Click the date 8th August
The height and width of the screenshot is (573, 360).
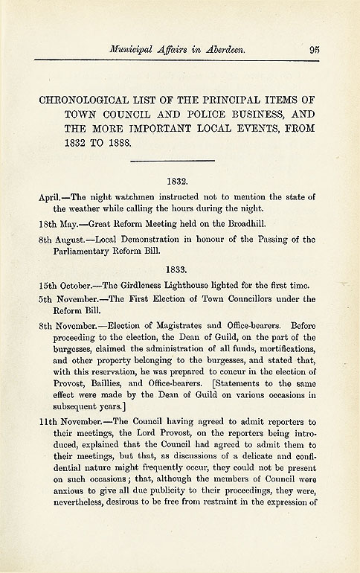62,242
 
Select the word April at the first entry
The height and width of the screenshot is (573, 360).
50,196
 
